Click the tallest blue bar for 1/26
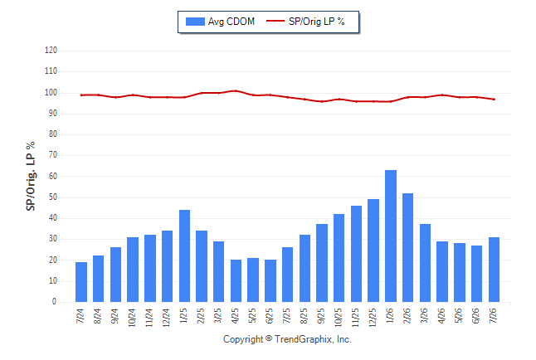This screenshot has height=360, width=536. pos(391,236)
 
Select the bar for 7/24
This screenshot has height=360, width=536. pos(81,282)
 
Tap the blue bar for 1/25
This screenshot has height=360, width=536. pos(184,255)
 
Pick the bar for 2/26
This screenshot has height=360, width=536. pos(408,247)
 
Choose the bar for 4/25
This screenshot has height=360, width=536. pos(236,280)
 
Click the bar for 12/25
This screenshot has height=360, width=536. pos(373,251)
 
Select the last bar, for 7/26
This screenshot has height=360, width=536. pos(494,270)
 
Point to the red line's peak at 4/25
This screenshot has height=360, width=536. pos(236,91)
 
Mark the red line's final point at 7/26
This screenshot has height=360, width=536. pos(494,100)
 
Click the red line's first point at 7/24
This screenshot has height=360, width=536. pos(81,95)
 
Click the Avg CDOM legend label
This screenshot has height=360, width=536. pos(231,22)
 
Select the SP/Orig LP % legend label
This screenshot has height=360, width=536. pos(317,22)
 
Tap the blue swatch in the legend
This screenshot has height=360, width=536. pos(195,22)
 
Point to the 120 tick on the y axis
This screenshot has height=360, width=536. pos(51,51)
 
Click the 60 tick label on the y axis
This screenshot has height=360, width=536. pos(52,176)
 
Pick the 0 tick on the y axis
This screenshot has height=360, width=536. pos(55,302)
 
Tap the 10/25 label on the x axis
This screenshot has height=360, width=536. pos(338,318)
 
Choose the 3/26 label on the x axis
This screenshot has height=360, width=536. pos(424,315)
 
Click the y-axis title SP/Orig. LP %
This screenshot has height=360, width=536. pos(31,176)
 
